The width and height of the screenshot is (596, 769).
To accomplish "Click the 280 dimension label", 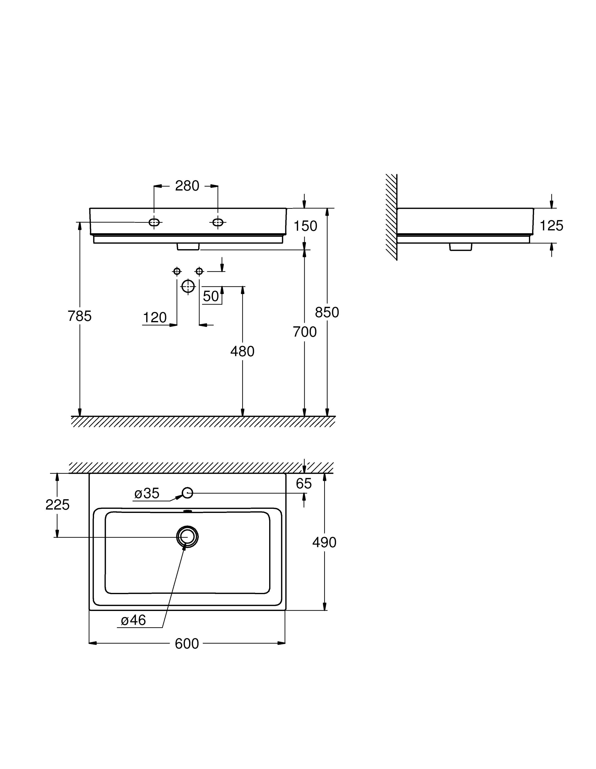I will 187,186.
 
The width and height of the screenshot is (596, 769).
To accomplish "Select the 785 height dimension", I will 80,316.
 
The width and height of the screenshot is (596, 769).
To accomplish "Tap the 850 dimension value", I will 327,312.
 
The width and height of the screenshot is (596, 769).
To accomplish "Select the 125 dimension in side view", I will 551,226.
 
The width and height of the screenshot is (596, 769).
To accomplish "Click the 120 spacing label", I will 155,318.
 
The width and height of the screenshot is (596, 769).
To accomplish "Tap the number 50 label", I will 211,296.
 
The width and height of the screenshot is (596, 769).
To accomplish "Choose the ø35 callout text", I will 147,493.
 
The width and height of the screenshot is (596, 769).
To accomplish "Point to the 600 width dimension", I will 187,644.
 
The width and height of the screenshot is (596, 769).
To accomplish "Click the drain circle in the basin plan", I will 187,537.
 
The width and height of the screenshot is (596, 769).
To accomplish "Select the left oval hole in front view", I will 154,222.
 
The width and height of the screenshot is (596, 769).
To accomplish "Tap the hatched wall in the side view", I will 391,216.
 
